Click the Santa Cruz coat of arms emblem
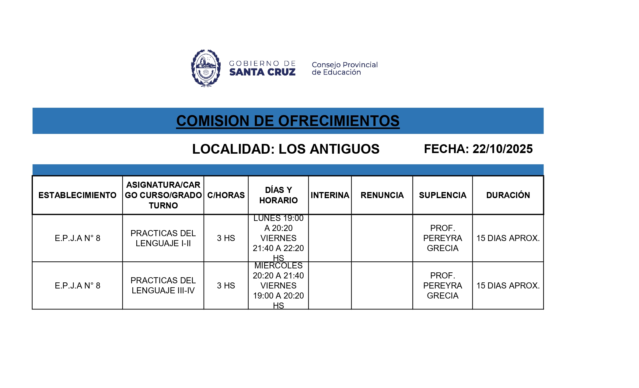coord(206,68)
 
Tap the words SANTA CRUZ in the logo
coord(262,72)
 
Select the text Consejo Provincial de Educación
coord(344,68)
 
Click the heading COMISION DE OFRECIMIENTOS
coord(288,121)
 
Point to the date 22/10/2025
coord(502,149)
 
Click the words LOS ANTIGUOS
coord(329,149)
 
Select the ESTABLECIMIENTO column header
coord(77,195)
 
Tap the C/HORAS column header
coord(226,195)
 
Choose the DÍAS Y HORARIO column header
coord(278,195)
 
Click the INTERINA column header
coord(330,195)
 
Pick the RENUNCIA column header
coord(382,195)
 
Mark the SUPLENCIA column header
coord(442,195)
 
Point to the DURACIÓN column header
coord(508,195)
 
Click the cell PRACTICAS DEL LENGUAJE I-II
coord(163,238)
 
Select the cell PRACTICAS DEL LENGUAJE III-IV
coord(163,285)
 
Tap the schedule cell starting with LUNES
coord(278,238)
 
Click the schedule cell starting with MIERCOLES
coord(278,285)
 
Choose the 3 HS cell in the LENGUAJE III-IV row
coord(226,285)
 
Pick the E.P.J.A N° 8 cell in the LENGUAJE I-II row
coord(77,238)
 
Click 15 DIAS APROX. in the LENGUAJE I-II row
coord(508,238)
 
